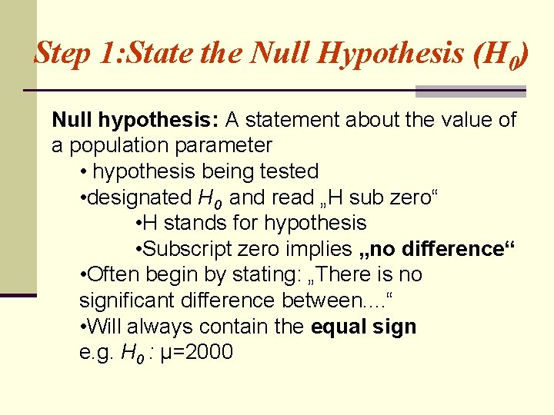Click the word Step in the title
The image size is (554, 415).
click(x=62, y=53)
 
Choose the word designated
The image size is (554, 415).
click(x=140, y=198)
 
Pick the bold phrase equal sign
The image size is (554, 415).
click(x=363, y=327)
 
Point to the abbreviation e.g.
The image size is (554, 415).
click(x=96, y=353)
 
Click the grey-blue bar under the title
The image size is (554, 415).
click(x=470, y=91)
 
